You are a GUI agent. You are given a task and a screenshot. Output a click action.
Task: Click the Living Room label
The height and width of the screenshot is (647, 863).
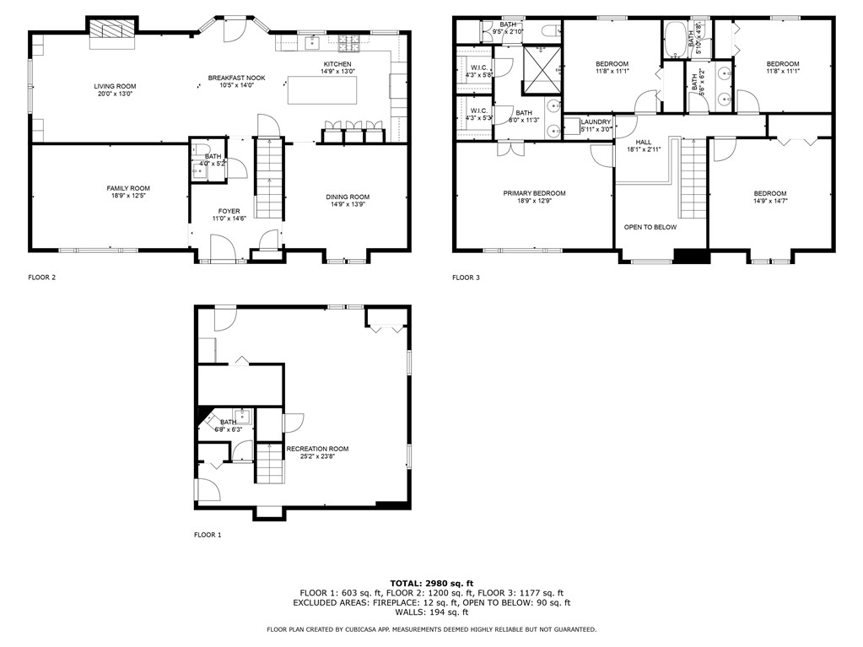point(115,86)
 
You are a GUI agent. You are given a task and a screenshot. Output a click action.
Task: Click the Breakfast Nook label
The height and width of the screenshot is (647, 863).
point(236,78)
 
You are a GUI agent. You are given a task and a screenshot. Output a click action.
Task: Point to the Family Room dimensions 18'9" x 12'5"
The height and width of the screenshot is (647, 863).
point(127,197)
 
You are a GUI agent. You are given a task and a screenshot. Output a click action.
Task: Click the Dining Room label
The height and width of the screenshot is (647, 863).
point(348,197)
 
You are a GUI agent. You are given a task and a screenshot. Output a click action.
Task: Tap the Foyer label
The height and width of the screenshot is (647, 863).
point(229,211)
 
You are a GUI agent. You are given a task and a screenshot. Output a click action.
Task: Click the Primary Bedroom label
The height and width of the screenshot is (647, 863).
point(534,193)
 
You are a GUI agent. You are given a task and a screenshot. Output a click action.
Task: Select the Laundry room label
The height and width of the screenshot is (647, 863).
point(596,121)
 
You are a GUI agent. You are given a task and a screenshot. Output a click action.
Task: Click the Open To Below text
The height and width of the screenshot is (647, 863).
point(650,227)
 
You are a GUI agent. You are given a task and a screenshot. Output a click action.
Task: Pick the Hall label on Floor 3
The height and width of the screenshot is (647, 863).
point(644,142)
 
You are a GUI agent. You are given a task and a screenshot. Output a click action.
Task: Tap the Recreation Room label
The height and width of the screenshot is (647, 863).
point(316,449)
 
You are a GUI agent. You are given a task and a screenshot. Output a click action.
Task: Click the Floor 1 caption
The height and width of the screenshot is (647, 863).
point(208,535)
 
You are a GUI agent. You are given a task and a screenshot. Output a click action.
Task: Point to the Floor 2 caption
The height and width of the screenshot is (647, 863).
point(42,277)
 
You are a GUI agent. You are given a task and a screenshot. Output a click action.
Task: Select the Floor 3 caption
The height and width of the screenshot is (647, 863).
point(466,277)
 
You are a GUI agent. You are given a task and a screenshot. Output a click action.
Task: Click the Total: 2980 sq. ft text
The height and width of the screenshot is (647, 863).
point(431,583)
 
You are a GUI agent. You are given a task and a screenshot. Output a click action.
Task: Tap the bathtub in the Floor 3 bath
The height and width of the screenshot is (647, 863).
point(676,39)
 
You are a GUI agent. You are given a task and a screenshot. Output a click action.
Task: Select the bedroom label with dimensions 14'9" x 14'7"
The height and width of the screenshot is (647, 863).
point(769,193)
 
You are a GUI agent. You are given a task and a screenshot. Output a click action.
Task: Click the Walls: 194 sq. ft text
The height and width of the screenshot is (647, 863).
point(431,612)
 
